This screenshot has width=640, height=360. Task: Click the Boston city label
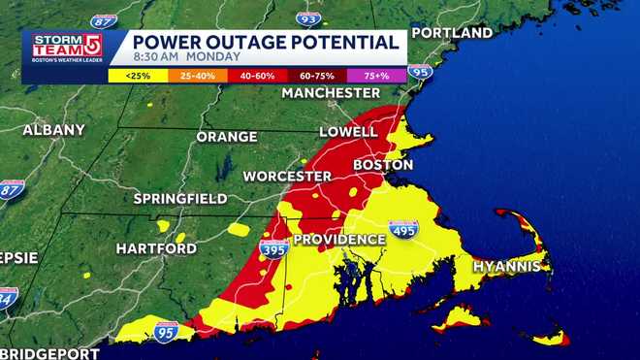tap(383, 165)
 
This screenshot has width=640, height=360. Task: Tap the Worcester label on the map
tap(287, 177)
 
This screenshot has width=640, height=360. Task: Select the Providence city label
tap(339, 239)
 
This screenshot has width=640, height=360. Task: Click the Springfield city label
tap(179, 199)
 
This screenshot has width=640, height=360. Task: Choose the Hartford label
tap(157, 248)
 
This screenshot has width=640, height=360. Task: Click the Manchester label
tap(331, 93)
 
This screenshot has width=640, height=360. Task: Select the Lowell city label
tap(348, 131)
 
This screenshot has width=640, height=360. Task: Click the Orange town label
tap(227, 137)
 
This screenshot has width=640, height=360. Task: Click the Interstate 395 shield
tap(273, 249)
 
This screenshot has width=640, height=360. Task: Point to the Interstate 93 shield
tap(308, 18)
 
